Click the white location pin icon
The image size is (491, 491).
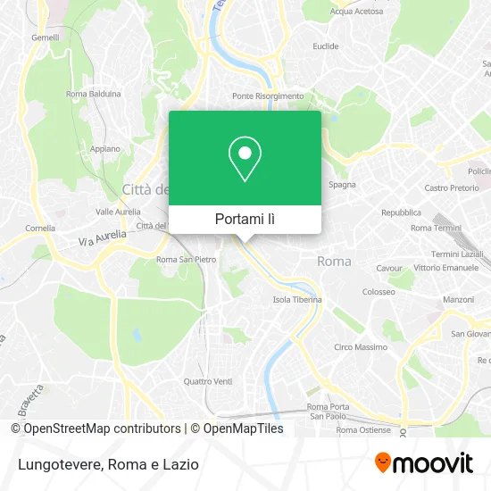(245, 159)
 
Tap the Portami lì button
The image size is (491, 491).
(245, 219)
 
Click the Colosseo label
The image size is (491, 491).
(379, 291)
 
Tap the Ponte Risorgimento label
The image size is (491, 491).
(268, 96)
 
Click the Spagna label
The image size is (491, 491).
(343, 185)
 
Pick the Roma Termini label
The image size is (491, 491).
(434, 228)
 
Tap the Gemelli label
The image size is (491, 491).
(45, 37)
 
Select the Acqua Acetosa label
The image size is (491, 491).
(356, 12)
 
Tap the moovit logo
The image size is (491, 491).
(423, 462)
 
